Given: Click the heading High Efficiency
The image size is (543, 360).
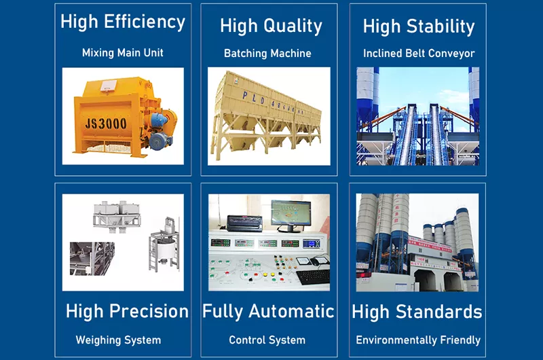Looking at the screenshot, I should coord(122,22).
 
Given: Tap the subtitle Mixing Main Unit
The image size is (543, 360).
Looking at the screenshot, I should coord(123,52).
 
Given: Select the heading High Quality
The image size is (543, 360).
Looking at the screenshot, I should coord(271,26).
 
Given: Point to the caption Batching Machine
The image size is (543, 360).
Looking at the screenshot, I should coord(267,53).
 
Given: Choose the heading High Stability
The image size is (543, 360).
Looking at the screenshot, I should coord(419,26).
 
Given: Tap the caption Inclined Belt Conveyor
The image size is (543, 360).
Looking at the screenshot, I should coord(419,53).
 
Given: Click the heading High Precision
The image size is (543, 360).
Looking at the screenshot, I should coord(127,312).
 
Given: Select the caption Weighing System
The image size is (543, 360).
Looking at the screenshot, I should coord(118,340).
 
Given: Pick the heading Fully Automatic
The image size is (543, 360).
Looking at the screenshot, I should coord(268,312).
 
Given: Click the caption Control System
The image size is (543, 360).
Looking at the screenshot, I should coord(267,340).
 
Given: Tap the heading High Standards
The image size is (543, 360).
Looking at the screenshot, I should coord(417,312).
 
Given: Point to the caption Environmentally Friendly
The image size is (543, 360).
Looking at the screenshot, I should coord(418,340).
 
